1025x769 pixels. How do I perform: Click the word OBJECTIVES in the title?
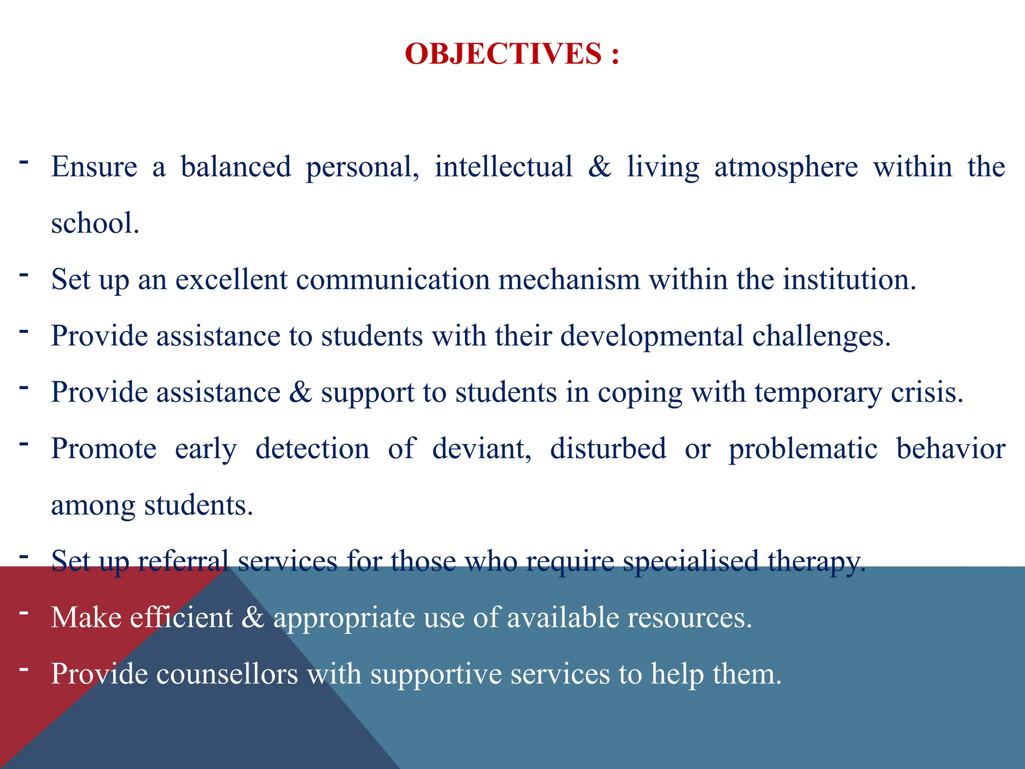503,54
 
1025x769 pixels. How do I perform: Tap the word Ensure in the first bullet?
94,167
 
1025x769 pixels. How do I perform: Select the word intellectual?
503,167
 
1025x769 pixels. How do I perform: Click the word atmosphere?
786,167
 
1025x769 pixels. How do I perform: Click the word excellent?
231,279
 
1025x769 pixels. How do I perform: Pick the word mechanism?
569,279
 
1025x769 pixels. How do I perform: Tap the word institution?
849,279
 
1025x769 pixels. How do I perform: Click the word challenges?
821,336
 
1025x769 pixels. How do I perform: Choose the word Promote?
104,449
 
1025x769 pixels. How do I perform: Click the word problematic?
803,449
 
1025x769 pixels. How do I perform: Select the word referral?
183,561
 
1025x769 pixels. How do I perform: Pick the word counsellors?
227,674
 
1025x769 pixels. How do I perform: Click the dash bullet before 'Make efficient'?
24,612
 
